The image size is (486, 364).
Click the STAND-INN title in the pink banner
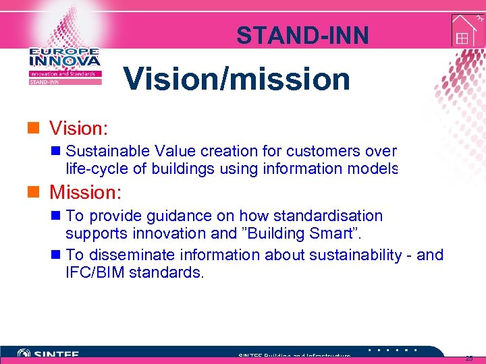point(302,35)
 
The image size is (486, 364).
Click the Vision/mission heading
point(237,80)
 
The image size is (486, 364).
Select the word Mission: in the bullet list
point(85,193)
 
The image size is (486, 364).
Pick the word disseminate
point(129,255)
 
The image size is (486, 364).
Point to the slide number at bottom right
point(469,358)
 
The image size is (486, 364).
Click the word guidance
point(167,216)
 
